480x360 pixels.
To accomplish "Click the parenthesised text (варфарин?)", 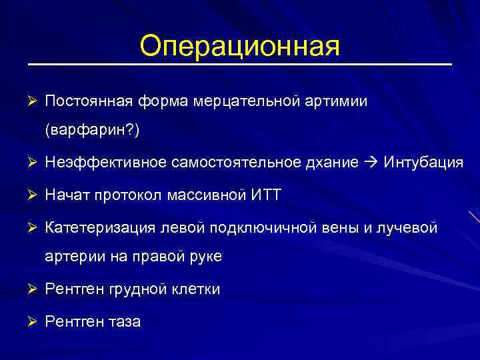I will pyautogui.click(x=92, y=131).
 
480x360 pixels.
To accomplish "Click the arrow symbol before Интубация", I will pyautogui.click(x=371, y=163).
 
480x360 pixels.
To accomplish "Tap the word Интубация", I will pyautogui.click(x=423, y=163).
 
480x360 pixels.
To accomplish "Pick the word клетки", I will pyautogui.click(x=194, y=289).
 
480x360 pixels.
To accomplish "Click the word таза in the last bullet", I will pyautogui.click(x=122, y=321).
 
